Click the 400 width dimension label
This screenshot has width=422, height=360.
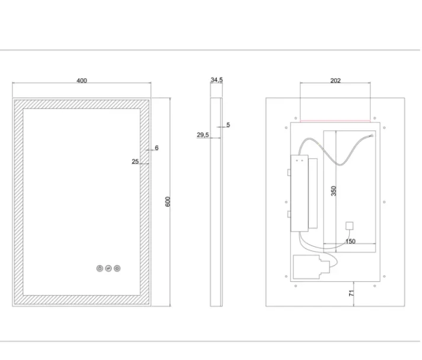point(82,81)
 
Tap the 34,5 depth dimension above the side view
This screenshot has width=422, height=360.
point(216,79)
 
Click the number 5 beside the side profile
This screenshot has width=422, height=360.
point(228,125)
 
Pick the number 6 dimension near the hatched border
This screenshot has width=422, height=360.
point(156,148)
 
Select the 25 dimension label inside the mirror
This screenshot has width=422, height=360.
point(135,161)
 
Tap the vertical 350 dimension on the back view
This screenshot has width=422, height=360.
point(334,191)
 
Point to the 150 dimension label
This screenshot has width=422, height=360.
point(350,241)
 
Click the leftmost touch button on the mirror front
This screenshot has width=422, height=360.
point(99,268)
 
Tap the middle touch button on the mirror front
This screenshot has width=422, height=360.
point(108,268)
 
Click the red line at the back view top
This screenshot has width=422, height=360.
point(335,121)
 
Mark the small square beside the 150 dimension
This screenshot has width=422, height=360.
point(350,225)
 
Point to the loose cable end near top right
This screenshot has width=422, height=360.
point(371,136)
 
